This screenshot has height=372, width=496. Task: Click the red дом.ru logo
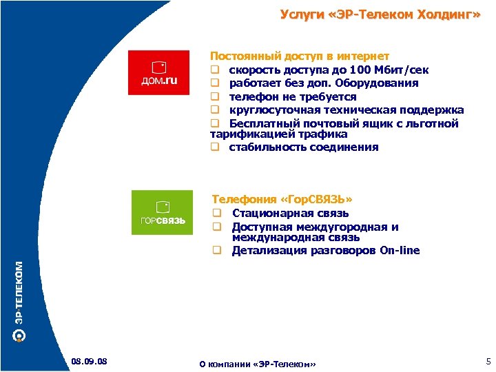[x=159, y=72]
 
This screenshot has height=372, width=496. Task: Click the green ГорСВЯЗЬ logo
[x=162, y=212]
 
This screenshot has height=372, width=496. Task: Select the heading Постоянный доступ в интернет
[x=300, y=56]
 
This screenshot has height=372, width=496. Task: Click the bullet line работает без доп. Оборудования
[x=323, y=83]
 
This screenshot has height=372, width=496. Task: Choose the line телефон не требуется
[x=293, y=97]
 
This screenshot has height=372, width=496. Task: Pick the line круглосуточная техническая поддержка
[x=346, y=110]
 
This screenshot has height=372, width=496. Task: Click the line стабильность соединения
[x=303, y=147]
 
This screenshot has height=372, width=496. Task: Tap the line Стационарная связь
[x=290, y=214]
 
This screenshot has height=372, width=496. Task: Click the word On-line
[x=400, y=251]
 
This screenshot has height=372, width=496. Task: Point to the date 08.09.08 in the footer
[x=88, y=361]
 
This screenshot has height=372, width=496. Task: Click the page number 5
[x=488, y=361]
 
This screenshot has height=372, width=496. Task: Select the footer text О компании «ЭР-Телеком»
[x=257, y=363]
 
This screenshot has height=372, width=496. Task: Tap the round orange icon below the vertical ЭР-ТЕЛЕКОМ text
[x=20, y=335]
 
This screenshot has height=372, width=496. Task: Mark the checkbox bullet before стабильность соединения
[x=214, y=147]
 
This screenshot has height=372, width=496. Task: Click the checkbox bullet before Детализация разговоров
[x=216, y=251]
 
